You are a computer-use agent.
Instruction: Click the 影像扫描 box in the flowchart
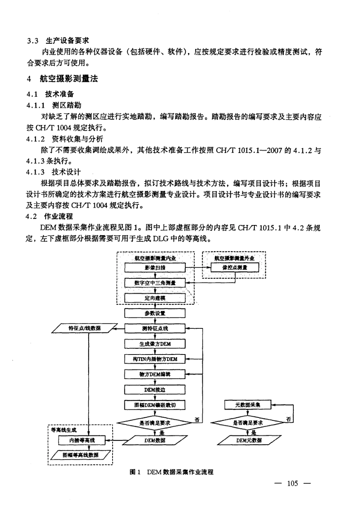[155, 267]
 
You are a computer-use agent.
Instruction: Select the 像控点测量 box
[235, 267]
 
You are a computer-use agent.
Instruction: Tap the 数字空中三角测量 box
[155, 283]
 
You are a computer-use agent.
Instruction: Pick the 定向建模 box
[155, 298]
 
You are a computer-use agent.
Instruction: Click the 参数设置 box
[155, 313]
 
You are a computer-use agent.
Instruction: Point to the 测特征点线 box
[155, 328]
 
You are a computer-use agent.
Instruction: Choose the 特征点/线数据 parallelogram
[85, 328]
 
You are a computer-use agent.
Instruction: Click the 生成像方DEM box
[155, 344]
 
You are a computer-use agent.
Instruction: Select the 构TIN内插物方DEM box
[155, 359]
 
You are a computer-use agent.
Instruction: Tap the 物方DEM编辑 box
[155, 374]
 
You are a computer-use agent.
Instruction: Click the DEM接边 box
[155, 389]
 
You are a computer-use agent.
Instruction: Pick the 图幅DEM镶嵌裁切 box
[155, 405]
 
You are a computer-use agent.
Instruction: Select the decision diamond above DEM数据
[155, 423]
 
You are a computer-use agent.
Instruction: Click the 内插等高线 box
[82, 440]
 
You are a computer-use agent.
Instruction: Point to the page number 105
[293, 483]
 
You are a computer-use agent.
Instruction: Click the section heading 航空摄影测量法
[69, 79]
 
